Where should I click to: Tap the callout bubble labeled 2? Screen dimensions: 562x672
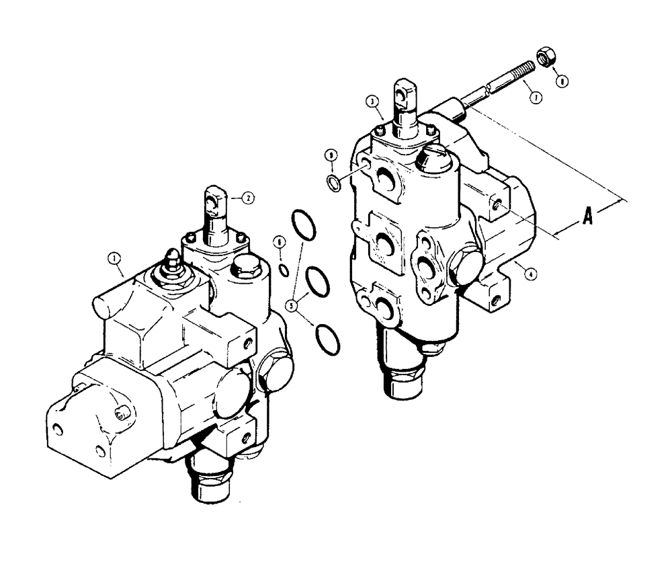(247, 198)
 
